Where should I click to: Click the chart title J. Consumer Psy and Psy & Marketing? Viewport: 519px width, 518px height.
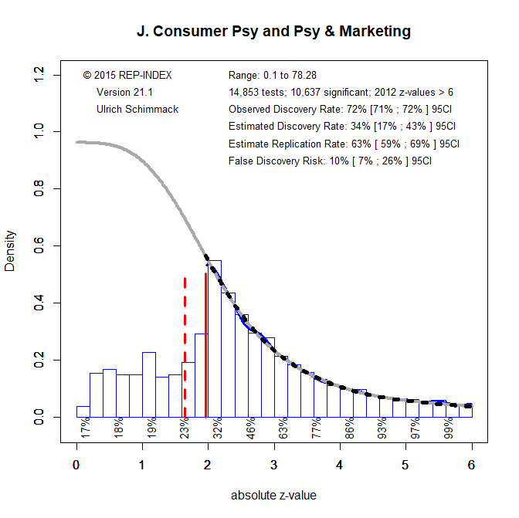pos(273,32)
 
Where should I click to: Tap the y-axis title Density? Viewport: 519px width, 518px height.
pos(10,251)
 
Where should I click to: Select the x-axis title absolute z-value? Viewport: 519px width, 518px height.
pos(273,495)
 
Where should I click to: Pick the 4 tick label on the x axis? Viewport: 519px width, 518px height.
pos(340,465)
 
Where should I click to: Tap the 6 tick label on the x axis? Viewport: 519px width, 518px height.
pos(471,465)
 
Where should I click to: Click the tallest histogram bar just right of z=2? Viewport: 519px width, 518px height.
pos(215,340)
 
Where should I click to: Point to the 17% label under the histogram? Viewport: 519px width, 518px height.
pos(85,427)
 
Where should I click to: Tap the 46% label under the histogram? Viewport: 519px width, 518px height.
pos(250,427)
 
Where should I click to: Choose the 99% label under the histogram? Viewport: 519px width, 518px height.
pos(448,427)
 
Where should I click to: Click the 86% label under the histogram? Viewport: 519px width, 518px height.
pos(349,427)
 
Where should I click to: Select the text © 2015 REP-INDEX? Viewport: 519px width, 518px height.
pos(127,75)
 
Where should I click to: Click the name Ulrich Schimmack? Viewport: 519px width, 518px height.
pos(137,109)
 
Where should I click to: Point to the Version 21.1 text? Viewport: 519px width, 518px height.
pos(124,92)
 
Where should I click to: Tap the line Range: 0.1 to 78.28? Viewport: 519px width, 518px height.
pos(273,75)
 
